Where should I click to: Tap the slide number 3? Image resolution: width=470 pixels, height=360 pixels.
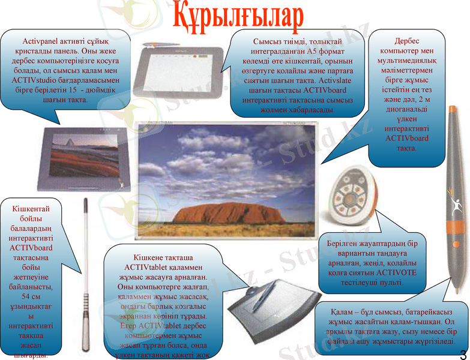coord(463,352)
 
